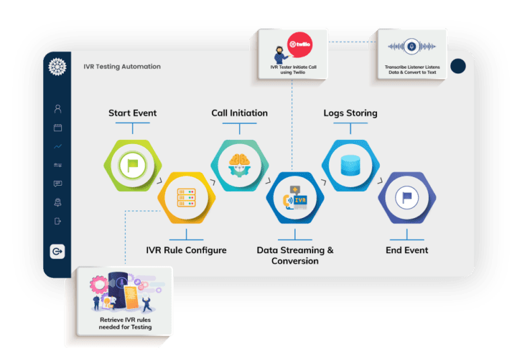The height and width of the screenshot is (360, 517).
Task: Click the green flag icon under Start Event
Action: pyautogui.click(x=133, y=165)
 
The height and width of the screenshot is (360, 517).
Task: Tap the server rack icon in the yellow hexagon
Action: pyautogui.click(x=186, y=197)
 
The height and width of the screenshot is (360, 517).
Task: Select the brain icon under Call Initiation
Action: pyautogui.click(x=240, y=165)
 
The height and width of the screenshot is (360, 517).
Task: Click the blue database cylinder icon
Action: pyautogui.click(x=350, y=165)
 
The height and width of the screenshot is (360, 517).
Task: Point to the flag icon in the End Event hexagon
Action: pyautogui.click(x=407, y=197)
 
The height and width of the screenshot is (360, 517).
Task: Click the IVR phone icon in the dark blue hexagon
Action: pyautogui.click(x=295, y=198)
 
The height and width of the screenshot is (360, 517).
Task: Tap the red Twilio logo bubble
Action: pyautogui.click(x=300, y=45)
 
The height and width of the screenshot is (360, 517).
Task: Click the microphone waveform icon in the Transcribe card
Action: pyautogui.click(x=411, y=46)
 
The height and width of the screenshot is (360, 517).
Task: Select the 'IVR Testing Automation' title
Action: pyautogui.click(x=122, y=67)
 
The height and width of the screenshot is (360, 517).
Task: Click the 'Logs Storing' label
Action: pyautogui.click(x=350, y=113)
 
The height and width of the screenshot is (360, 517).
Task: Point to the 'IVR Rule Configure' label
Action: pyautogui.click(x=186, y=250)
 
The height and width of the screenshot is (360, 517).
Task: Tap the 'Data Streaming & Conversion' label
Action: pyautogui.click(x=295, y=256)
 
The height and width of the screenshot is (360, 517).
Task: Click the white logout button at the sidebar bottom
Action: pyautogui.click(x=57, y=252)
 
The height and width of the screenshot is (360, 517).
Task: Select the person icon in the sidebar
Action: pyautogui.click(x=58, y=109)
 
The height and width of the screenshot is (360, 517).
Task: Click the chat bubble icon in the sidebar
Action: pyautogui.click(x=58, y=184)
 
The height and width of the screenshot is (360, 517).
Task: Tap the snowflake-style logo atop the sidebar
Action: pyautogui.click(x=57, y=67)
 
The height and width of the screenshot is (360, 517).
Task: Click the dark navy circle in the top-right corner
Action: pyautogui.click(x=458, y=66)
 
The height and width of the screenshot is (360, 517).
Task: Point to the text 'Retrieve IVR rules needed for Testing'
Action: pyautogui.click(x=125, y=324)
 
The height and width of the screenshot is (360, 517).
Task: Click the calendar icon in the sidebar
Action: pyautogui.click(x=58, y=128)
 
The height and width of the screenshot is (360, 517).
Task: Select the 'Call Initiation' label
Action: pyautogui.click(x=240, y=113)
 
